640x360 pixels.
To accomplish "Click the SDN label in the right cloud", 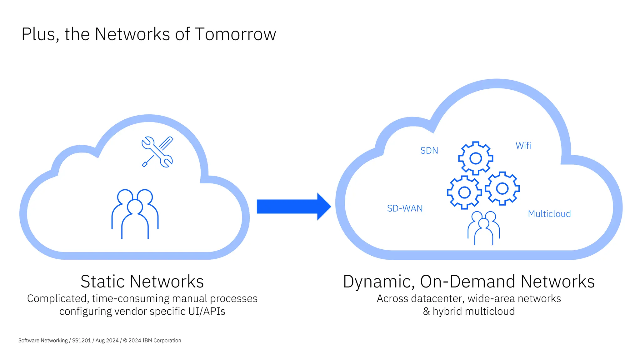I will [x=429, y=151].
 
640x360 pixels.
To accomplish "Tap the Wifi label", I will [x=523, y=146].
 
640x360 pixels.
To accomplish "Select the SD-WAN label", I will [x=405, y=208].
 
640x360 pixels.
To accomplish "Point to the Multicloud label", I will [x=549, y=214].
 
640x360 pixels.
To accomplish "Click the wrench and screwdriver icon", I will [x=157, y=152].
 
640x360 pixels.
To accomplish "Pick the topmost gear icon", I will [x=476, y=158].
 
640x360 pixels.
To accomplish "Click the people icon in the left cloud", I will [x=135, y=214].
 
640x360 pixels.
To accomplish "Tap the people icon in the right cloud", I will [x=483, y=228].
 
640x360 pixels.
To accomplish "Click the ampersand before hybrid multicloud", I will [x=426, y=312].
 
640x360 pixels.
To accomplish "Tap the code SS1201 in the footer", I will [x=81, y=341].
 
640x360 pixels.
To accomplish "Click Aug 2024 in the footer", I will [x=107, y=341].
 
